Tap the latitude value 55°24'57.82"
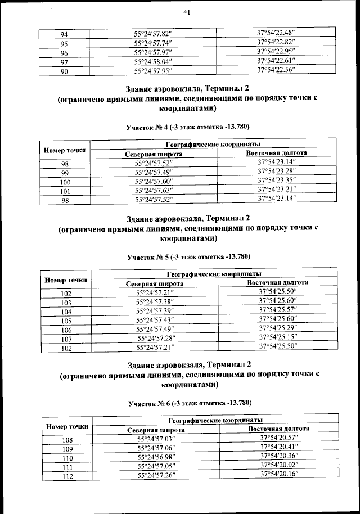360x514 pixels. point(152,34)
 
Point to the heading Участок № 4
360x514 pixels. point(187,127)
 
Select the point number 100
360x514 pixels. point(65,182)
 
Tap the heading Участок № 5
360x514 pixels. point(188,257)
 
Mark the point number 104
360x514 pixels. point(66,312)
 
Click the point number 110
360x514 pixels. point(67,458)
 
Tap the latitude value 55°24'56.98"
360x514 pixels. point(156,458)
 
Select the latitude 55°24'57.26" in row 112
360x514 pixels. point(156,476)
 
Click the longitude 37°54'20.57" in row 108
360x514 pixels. point(280,438)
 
